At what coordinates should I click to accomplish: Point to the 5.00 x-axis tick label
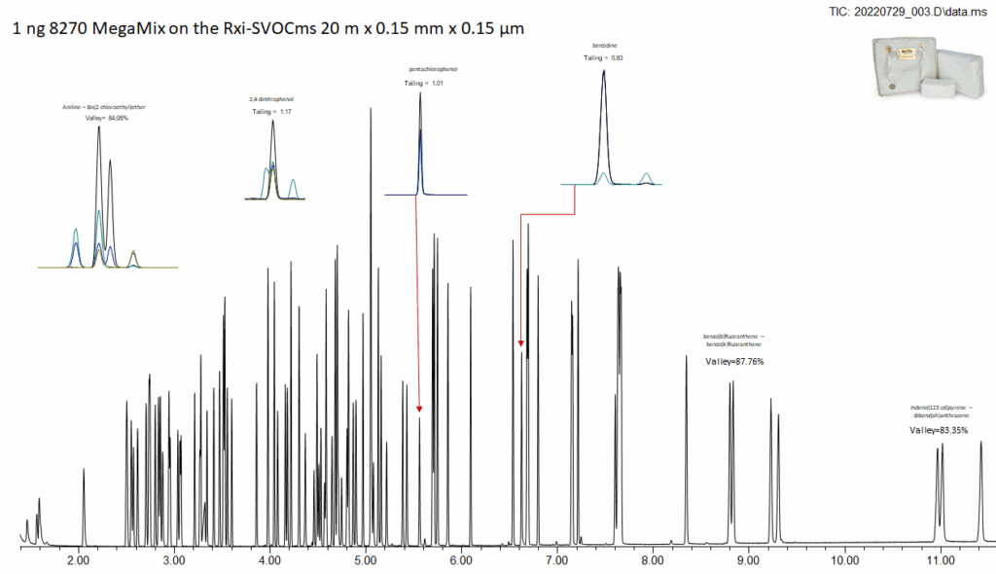point(365,560)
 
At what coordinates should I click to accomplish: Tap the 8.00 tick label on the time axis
point(653,560)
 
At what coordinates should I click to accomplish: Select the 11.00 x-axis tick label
point(940,560)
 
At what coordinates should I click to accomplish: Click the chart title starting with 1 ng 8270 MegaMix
point(268,29)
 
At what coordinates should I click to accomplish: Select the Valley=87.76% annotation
point(734,362)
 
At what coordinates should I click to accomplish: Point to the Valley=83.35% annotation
point(939,430)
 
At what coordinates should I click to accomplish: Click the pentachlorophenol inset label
point(433,70)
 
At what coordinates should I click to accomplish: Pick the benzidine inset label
point(603,45)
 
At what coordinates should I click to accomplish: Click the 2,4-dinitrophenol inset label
point(271,99)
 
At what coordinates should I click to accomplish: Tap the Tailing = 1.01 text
point(423,84)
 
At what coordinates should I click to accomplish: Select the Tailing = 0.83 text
point(603,58)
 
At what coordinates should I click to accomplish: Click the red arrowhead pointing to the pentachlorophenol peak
point(419,408)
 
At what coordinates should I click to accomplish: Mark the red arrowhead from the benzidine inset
point(520,343)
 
